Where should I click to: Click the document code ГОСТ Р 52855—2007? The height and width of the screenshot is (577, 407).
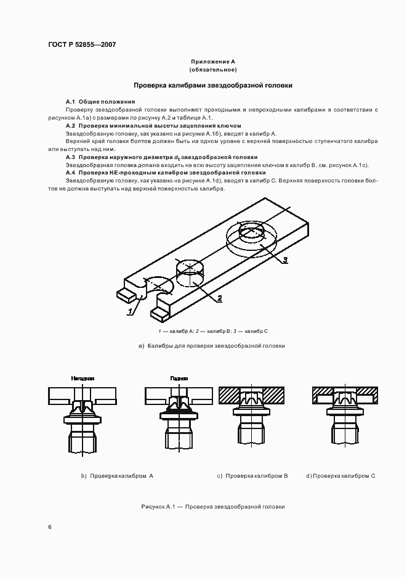82,45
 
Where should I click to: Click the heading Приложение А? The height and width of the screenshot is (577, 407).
213,62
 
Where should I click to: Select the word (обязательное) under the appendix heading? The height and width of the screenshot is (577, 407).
213,70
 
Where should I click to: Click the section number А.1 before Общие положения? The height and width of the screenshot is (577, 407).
70,101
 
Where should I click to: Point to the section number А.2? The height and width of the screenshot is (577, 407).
70,125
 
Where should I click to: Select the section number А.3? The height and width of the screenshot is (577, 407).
70,157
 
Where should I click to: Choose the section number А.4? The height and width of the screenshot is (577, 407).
70,173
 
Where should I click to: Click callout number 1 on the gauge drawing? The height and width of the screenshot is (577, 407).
130,312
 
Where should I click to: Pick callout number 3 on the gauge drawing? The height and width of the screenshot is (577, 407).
285,260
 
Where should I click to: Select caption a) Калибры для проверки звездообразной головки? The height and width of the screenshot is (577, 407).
212,346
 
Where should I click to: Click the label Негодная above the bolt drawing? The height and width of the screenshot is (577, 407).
82,379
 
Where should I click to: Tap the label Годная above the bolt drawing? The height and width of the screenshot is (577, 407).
179,379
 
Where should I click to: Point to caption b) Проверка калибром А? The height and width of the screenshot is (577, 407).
117,476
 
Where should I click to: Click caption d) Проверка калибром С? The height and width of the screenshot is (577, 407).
341,476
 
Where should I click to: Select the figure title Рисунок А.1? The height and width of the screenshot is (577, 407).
212,507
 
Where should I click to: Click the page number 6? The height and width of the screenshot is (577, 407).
49,527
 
